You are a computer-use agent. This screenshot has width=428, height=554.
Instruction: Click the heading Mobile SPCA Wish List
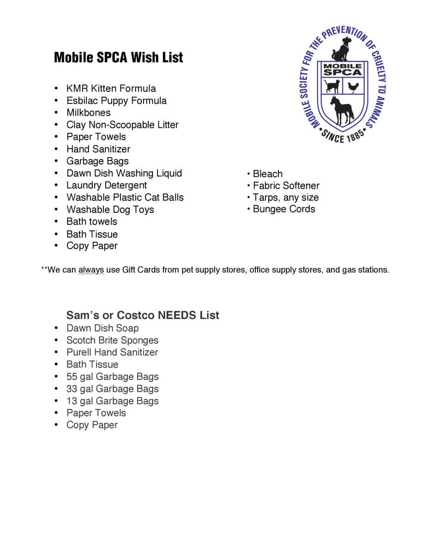[x=118, y=58]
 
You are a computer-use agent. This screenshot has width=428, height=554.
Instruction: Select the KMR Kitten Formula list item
[x=111, y=89]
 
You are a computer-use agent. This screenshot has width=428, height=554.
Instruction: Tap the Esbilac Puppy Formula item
[x=116, y=101]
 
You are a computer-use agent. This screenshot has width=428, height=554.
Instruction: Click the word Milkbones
[x=88, y=113]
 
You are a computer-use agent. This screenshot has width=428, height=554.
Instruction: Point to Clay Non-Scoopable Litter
[x=122, y=125]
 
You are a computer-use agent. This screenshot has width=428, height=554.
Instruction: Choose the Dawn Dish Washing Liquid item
[x=124, y=173]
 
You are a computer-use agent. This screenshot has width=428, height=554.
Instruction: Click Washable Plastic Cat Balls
[x=125, y=198]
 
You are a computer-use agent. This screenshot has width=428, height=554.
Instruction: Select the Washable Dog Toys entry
[x=110, y=210]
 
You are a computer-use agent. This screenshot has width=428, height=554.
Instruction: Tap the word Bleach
[x=267, y=174]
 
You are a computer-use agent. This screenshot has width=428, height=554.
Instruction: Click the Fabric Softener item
[x=286, y=186]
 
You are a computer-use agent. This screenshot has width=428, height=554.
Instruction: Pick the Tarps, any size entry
[x=285, y=198]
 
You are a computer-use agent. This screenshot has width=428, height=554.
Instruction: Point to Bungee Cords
[x=283, y=209]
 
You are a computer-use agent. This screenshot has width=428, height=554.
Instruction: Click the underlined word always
[x=91, y=270]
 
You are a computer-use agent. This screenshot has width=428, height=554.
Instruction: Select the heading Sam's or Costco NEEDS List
[x=143, y=315]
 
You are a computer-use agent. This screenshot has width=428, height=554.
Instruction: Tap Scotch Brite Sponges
[x=112, y=340]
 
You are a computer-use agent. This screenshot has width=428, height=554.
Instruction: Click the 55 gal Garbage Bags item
[x=112, y=377]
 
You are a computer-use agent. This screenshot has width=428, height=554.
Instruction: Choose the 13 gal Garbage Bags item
[x=112, y=401]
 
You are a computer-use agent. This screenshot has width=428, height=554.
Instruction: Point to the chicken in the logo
[x=353, y=86]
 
